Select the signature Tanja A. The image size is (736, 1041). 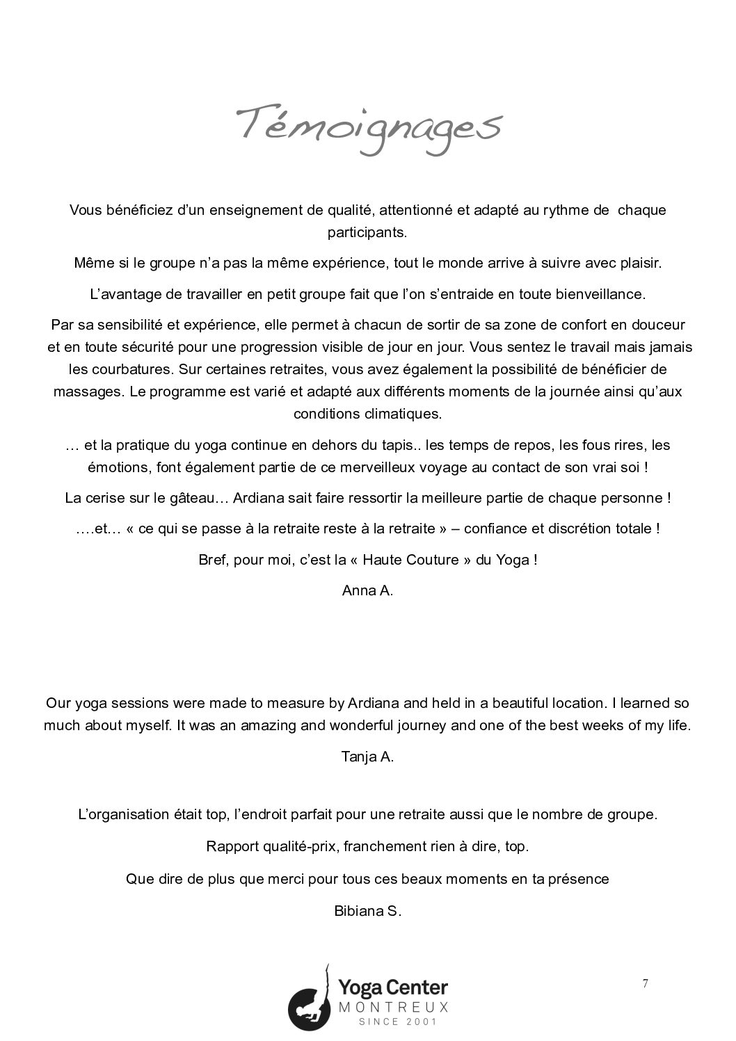point(367,757)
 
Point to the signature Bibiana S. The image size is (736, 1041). point(367,910)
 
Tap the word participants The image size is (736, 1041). point(367,232)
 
